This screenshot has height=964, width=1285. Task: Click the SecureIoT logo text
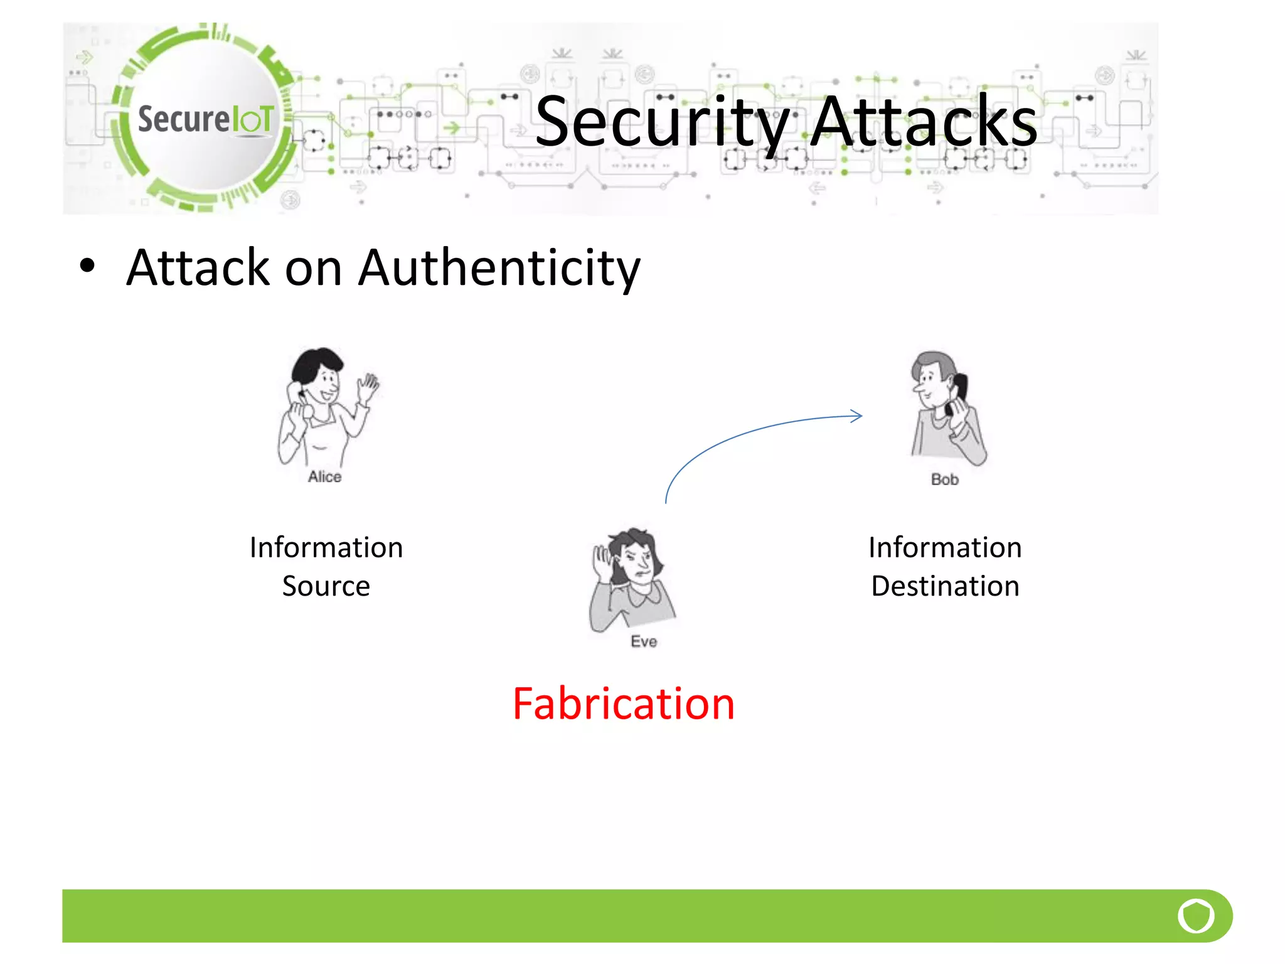click(206, 119)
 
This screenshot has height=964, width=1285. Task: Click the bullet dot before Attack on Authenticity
click(87, 265)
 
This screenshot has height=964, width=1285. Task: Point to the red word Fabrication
click(623, 704)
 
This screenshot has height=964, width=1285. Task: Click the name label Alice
click(324, 477)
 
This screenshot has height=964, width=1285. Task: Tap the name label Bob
click(944, 479)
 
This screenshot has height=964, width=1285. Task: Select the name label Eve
click(644, 641)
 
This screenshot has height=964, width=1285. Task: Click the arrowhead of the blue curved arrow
click(857, 415)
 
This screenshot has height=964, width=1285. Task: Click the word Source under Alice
click(326, 586)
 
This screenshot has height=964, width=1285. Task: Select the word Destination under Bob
click(945, 586)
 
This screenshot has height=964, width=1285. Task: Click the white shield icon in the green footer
click(1196, 916)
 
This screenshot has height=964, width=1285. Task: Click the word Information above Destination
click(945, 547)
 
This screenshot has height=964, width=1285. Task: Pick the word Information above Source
click(326, 547)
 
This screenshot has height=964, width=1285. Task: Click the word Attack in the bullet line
click(198, 268)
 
